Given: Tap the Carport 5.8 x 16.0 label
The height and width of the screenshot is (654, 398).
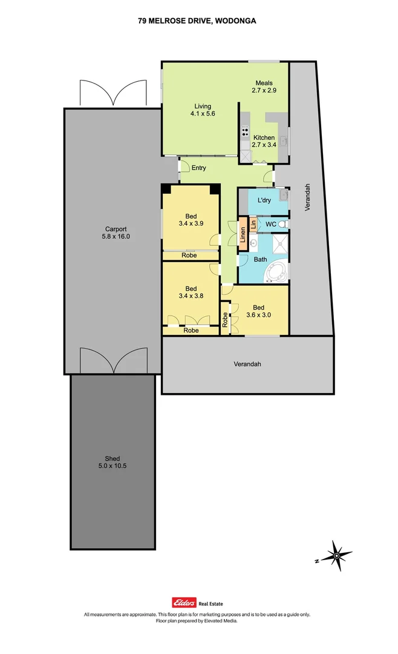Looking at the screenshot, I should click(x=116, y=233).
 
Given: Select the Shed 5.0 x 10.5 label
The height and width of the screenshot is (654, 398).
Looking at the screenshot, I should click(x=113, y=462).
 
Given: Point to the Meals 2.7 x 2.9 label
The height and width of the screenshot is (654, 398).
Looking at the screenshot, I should click(x=264, y=87).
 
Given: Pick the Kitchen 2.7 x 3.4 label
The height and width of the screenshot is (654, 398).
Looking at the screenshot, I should click(x=264, y=141).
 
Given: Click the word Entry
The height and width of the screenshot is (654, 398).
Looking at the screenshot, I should click(x=199, y=168).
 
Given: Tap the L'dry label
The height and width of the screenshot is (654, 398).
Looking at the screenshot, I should click(x=264, y=200).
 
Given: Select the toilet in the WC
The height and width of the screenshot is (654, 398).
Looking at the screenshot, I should click(x=284, y=224).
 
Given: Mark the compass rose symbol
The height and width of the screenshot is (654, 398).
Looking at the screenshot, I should click(x=334, y=554).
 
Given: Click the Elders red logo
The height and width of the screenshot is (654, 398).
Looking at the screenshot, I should click(x=181, y=602).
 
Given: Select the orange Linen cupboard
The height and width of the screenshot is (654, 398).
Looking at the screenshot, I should click(x=243, y=233).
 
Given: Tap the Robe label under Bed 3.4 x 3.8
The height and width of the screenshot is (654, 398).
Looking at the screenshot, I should click(x=191, y=331).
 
